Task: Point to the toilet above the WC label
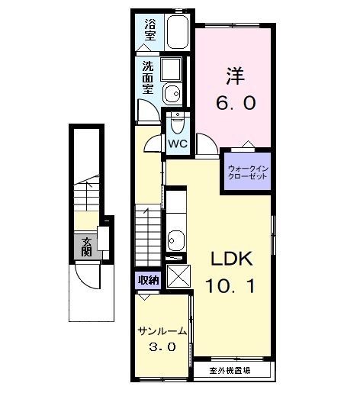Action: tap(178, 124)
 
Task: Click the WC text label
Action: tap(178, 143)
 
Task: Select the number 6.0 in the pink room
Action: tap(234, 101)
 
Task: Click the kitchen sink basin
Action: tap(176, 240)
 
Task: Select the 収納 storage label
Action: tap(148, 280)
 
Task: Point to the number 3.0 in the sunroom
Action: tap(163, 347)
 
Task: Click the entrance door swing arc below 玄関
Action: tap(92, 278)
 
